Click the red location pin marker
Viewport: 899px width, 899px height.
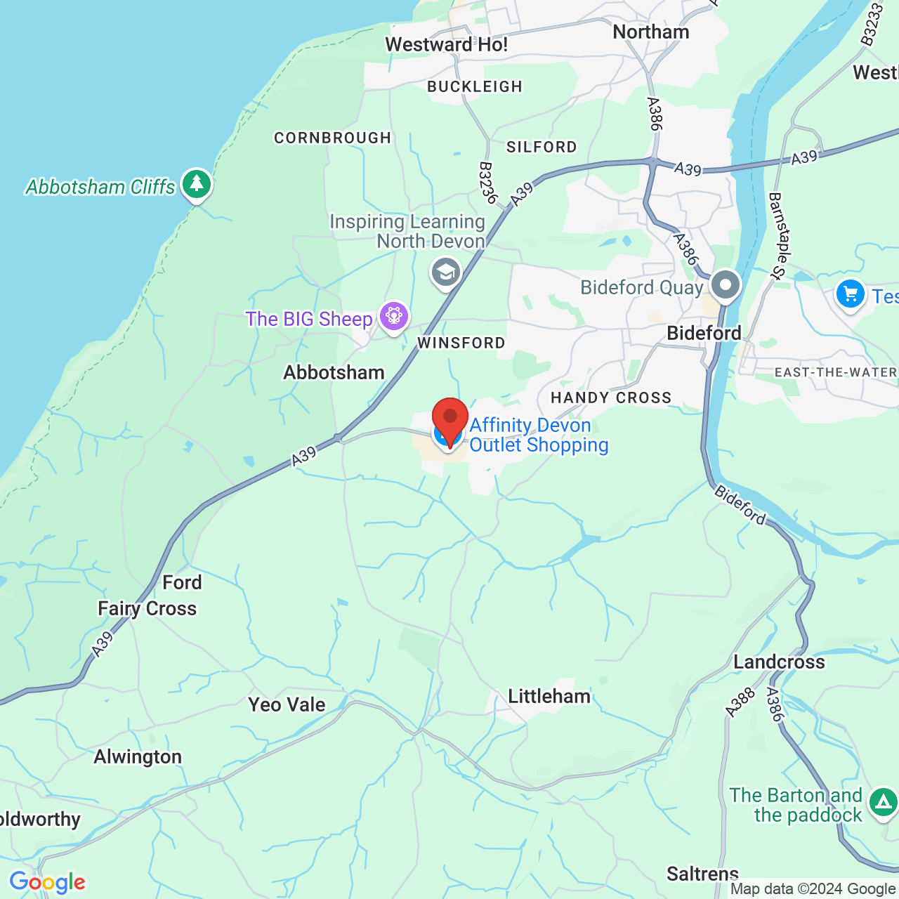(449, 419)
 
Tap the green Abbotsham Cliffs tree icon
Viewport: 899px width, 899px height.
(197, 185)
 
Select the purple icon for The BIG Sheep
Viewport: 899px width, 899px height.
(394, 317)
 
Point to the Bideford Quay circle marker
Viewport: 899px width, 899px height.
(725, 286)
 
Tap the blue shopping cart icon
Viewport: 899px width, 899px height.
(850, 294)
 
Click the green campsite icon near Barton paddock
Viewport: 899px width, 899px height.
(882, 802)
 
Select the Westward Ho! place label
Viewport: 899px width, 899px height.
(446, 45)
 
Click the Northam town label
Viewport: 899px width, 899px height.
(651, 32)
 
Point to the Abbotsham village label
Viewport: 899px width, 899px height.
(334, 372)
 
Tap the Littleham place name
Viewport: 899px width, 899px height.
(549, 696)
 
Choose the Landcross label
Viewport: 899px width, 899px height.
(779, 662)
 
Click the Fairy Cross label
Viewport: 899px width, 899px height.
(147, 608)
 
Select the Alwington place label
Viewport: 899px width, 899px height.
(138, 756)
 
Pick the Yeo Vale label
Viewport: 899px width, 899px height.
(287, 704)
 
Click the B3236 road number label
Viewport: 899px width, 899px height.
(487, 183)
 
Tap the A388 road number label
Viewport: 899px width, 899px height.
(740, 703)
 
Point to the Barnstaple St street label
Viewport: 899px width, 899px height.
(777, 236)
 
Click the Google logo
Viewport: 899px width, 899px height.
(47, 882)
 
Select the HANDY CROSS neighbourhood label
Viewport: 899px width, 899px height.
(611, 398)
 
